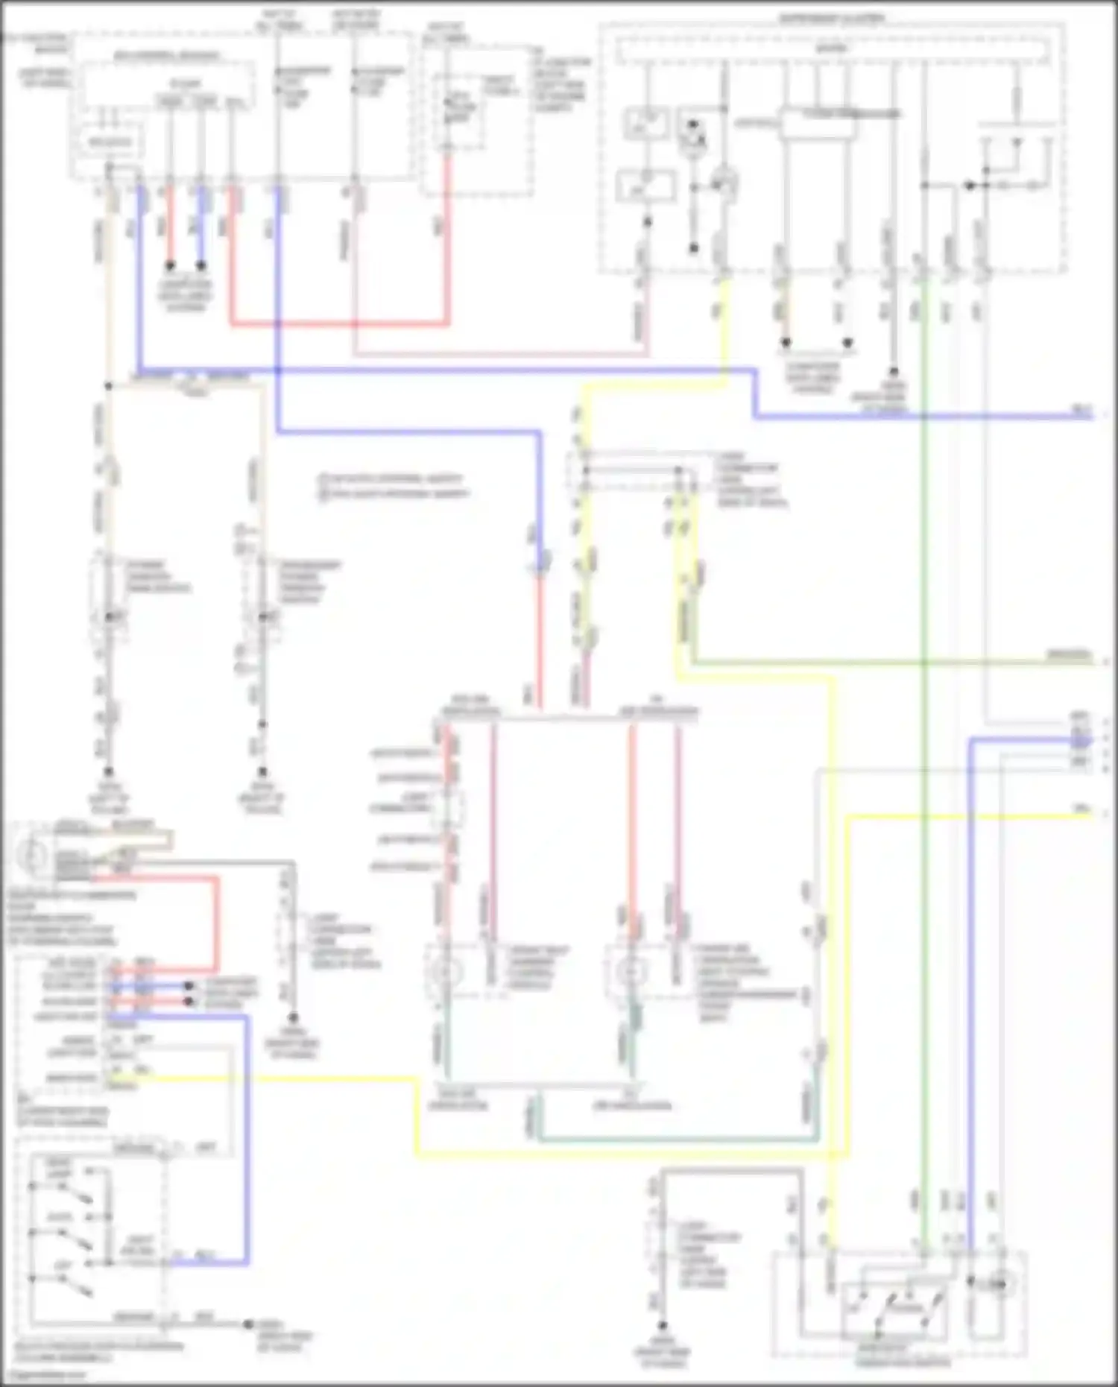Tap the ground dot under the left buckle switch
(x=109, y=772)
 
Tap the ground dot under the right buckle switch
(x=262, y=772)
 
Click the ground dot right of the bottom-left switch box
(x=247, y=1324)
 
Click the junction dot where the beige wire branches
(x=109, y=386)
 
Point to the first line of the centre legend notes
(x=392, y=478)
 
